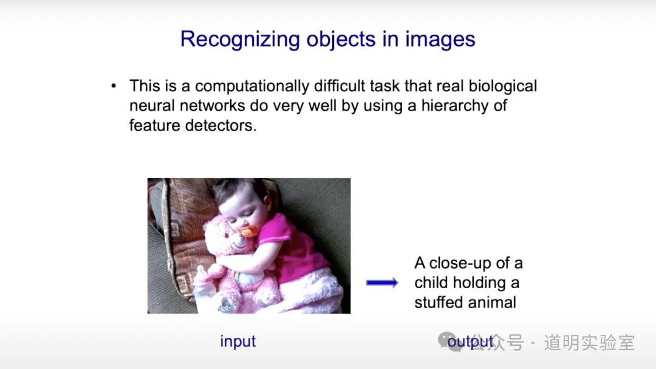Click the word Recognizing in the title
click(240, 40)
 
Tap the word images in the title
click(440, 40)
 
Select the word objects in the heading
click(341, 40)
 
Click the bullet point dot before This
click(114, 86)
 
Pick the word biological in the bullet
click(502, 86)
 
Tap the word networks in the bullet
click(212, 106)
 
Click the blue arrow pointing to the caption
click(382, 283)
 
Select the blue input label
click(237, 342)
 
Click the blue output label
click(470, 342)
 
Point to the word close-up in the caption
click(460, 263)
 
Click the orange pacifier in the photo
click(248, 232)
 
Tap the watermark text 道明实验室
click(589, 343)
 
